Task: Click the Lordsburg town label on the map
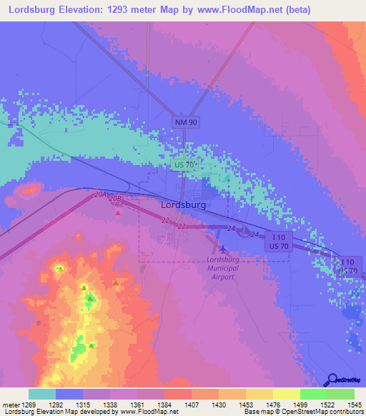(184, 204)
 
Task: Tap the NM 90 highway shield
(186, 122)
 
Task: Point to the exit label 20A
(100, 194)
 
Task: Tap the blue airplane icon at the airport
(223, 249)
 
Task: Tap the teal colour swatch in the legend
(42, 394)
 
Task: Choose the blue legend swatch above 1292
(69, 394)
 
